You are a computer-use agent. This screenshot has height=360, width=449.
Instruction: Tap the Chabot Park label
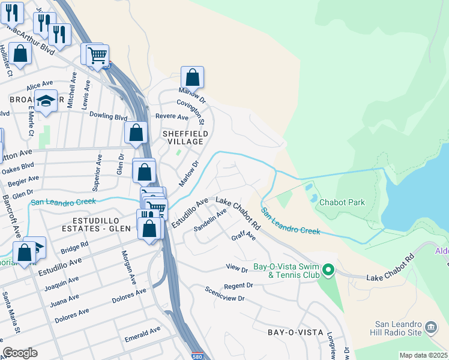click(x=342, y=202)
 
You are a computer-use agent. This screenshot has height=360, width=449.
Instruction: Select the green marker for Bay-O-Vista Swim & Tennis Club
click(x=328, y=270)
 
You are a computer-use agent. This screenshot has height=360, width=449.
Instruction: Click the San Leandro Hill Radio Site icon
click(x=430, y=327)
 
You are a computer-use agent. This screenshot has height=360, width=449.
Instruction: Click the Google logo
click(x=20, y=353)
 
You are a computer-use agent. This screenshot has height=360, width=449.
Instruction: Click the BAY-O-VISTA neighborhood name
click(x=295, y=332)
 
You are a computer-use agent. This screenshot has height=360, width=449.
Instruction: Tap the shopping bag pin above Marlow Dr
click(x=192, y=77)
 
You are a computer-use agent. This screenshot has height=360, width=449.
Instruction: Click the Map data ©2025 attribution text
click(x=423, y=355)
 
